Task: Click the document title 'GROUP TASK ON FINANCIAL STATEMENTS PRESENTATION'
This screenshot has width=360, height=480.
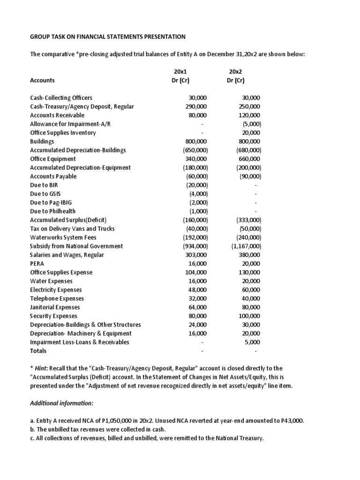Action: pos(108,37)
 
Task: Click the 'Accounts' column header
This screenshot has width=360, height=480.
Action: pos(42,80)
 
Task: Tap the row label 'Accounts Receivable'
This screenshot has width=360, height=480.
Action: pos(57,115)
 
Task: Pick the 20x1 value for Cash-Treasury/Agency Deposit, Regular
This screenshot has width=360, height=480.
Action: pos(196,106)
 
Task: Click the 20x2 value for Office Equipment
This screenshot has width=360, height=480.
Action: pos(251,159)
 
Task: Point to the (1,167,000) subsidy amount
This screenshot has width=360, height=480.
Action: pos(246,246)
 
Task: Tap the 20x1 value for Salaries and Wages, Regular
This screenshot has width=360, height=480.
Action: pos(196,255)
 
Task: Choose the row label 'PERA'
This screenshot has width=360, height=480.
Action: pos(37,263)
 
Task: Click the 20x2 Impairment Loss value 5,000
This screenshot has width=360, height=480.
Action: pos(253,342)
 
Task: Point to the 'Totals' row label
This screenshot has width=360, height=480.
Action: pos(38,351)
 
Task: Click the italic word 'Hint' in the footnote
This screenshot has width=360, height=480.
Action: pos(42,368)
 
